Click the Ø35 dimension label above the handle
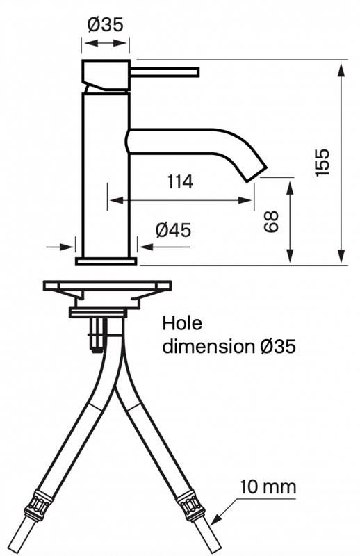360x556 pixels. pos(106,25)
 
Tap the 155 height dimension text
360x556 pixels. pos(322,162)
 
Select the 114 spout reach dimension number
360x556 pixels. pos(180,182)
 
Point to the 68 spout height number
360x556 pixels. pos(271,222)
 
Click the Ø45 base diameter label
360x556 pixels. pos(173,230)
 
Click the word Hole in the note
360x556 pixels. pos(182,323)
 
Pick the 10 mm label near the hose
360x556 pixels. pos(268,487)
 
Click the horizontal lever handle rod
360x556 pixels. pos(165,72)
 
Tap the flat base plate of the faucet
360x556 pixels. pos(106,261)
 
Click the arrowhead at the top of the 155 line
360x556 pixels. pos(341,70)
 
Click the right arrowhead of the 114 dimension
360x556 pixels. pos(245,200)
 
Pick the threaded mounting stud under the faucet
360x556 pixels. pos(97,335)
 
